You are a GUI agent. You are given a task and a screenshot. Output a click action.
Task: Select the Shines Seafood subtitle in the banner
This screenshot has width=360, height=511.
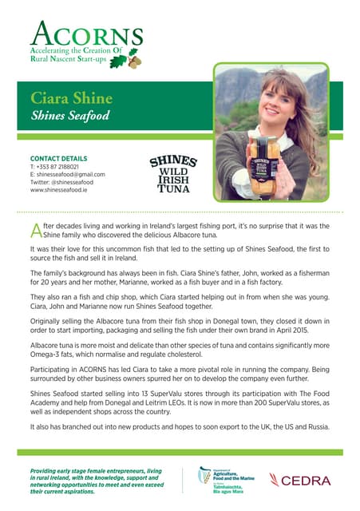69,117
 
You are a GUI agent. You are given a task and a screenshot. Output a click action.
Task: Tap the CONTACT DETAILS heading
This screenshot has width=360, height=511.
58,158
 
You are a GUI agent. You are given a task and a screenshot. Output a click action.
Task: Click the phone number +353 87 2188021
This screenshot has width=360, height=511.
61,167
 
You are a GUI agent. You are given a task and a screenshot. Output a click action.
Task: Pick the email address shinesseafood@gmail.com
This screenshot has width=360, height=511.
67,175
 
